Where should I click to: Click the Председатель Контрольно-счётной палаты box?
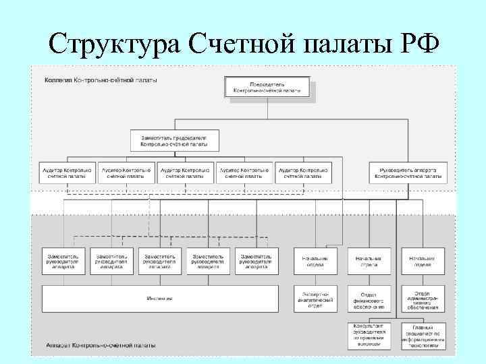267,87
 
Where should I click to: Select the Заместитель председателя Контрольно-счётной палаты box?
174,140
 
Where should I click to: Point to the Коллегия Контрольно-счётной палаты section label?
101,80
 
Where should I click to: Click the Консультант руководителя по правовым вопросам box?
369,336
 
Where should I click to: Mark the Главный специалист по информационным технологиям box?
423,336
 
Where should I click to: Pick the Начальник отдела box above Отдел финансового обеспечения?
369,261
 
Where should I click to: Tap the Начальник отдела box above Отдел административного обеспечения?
423,261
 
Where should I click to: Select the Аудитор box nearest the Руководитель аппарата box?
304,173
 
